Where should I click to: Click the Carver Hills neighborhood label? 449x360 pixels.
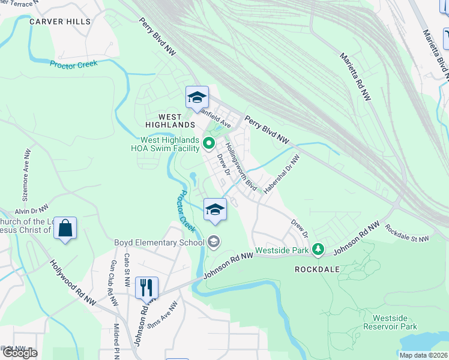pyautogui.click(x=60, y=22)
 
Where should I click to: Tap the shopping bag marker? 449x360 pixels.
pyautogui.click(x=65, y=229)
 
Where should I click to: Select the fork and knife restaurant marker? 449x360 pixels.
pyautogui.click(x=146, y=287)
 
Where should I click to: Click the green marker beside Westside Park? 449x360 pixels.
pyautogui.click(x=319, y=249)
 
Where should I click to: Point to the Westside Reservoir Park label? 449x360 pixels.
pyautogui.click(x=394, y=322)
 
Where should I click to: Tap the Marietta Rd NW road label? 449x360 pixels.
pyautogui.click(x=355, y=77)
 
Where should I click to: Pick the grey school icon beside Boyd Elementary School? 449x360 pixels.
pyautogui.click(x=214, y=242)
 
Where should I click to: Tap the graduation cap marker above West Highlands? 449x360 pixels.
pyautogui.click(x=197, y=97)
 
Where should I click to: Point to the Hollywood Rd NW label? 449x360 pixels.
pyautogui.click(x=73, y=282)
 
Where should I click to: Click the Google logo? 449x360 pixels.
pyautogui.click(x=19, y=353)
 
